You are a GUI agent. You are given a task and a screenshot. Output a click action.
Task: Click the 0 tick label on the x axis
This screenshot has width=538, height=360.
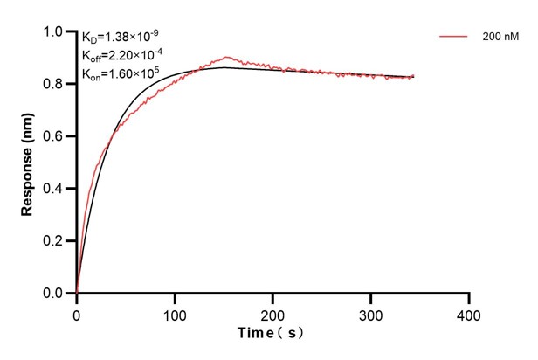pyautogui.click(x=77, y=313)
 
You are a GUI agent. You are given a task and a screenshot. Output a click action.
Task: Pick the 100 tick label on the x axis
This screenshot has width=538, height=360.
pyautogui.click(x=175, y=313)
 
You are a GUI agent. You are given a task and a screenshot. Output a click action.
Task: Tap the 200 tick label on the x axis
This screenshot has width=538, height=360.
pyautogui.click(x=273, y=313)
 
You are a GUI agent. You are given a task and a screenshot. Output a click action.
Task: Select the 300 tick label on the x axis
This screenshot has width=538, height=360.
pyautogui.click(x=371, y=313)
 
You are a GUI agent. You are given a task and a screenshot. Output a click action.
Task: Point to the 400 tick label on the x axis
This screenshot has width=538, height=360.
pyautogui.click(x=469, y=313)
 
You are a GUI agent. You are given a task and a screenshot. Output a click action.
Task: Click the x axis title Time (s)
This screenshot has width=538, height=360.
pyautogui.click(x=272, y=334)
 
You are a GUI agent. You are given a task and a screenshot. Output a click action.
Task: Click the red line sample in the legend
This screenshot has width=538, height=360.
pyautogui.click(x=453, y=38)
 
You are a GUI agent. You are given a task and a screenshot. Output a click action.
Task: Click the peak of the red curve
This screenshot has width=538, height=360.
pyautogui.click(x=226, y=58)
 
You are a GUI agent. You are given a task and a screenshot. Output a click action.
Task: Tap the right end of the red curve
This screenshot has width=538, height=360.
pyautogui.click(x=413, y=76)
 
